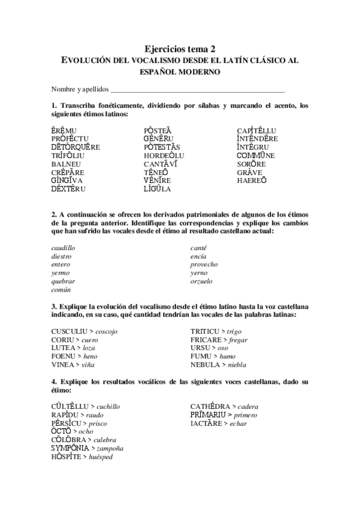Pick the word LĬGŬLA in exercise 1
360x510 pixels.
click(157, 189)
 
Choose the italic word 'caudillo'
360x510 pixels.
click(64, 248)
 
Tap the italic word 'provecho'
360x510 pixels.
click(204, 265)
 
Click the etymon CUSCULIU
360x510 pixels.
click(69, 331)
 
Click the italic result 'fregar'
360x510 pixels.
click(238, 340)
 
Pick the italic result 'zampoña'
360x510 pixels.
click(108, 449)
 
